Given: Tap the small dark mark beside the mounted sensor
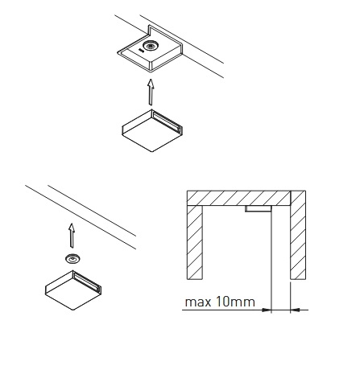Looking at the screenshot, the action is pos(140,49).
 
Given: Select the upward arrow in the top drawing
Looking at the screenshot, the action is pos(151,92).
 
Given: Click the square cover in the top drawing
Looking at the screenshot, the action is pos(152,130).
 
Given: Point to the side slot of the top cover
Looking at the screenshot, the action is pos(167,121).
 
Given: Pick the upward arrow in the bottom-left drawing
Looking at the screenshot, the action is pos(72,236).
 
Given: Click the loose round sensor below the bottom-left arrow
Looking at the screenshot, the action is pos(72,259).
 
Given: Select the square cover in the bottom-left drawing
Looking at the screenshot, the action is pos(73,290).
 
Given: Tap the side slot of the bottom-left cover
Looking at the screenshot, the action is pos(87,282).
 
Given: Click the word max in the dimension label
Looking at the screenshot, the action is pos(198,302).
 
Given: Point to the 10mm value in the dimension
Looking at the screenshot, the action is pos(235,302).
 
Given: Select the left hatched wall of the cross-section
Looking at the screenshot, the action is pos(195,243).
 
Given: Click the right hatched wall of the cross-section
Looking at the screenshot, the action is pos(298,235).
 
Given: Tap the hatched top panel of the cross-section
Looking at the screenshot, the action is pos(238,198).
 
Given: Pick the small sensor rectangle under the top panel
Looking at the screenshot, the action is pos(259,208).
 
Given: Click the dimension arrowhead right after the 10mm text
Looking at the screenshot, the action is pos(267,310).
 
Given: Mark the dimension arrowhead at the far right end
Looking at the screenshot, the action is pos(296,310).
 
